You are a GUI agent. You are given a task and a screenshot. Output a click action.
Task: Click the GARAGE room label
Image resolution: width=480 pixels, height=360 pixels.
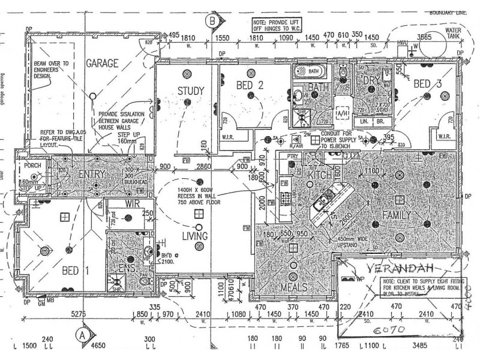[100, 62]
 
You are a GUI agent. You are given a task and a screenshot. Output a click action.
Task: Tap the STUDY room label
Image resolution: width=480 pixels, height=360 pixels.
[191, 91]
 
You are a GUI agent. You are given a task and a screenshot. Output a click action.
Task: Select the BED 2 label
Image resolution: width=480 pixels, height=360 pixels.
[250, 85]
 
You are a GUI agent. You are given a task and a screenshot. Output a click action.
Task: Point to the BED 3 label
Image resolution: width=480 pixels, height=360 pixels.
[428, 85]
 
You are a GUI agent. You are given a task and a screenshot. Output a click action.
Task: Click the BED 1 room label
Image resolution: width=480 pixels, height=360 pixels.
[76, 271]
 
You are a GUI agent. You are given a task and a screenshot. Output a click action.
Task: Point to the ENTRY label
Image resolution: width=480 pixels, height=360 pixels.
[92, 174]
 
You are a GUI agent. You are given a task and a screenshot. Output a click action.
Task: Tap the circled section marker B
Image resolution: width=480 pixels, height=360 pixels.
[211, 21]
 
